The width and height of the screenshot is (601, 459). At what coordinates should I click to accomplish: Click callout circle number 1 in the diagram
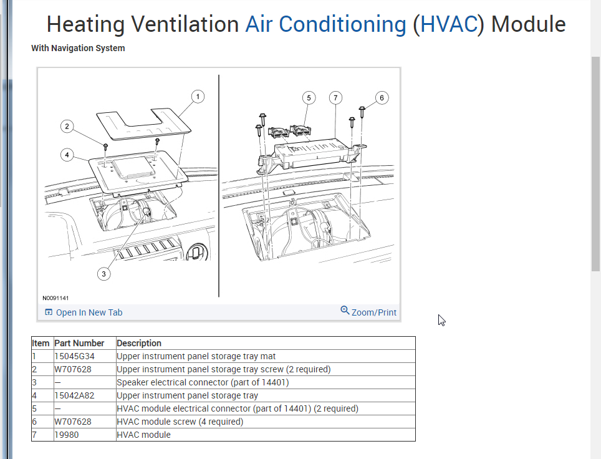pos(198,97)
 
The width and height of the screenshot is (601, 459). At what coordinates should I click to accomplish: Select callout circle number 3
pos(104,273)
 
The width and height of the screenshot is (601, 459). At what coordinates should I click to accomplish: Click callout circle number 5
pos(308,97)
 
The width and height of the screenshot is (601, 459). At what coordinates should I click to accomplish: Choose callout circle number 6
pos(382,97)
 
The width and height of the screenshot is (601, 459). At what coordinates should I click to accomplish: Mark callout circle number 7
pos(335,97)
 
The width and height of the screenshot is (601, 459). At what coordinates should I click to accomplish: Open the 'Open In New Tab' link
pos(84,312)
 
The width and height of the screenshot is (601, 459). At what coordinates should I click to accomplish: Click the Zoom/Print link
pos(368,312)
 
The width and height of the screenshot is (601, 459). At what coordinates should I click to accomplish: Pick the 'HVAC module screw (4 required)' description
pos(180,422)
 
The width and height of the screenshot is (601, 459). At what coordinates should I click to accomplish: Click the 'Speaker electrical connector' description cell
pos(203,382)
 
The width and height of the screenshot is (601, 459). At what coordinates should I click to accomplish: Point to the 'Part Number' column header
pos(79,343)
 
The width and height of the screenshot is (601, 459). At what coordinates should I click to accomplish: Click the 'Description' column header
pos(139,343)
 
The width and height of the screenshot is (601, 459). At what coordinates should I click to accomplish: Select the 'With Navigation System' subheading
pos(78,48)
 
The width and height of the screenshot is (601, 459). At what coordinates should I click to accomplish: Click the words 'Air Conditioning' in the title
pos(325,24)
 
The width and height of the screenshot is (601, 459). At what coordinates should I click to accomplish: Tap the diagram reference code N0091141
pos(56,298)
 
